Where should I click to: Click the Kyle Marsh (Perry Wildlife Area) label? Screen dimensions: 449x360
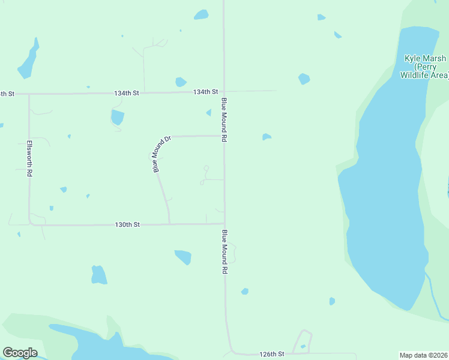pos(424,67)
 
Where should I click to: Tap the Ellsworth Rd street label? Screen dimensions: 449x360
pos(29,158)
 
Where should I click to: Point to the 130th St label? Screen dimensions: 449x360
pos(127,224)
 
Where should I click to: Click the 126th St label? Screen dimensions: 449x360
pos(271,354)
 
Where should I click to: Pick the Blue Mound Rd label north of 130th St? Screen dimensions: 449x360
pos(224,119)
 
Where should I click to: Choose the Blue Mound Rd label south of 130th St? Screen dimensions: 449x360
pos(224,252)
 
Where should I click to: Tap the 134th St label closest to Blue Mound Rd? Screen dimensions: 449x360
pos(205,92)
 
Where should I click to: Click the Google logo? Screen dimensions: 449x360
pos(20,353)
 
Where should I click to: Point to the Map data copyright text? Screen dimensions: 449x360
pos(423,355)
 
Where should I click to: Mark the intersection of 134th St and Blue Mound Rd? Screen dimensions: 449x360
pos(224,92)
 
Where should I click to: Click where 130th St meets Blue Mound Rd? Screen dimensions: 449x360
pos(224,224)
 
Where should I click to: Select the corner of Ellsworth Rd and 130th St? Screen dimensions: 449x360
pos(30,224)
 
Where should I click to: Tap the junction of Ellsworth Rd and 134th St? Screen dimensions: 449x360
pos(29,94)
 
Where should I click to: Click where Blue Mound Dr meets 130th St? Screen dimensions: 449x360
pos(169,224)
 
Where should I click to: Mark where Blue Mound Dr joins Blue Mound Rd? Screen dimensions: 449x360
pos(224,136)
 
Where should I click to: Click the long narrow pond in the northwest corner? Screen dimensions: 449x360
pos(28,60)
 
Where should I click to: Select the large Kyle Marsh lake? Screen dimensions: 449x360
pos(384,198)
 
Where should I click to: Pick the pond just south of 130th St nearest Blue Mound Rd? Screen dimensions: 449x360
pos(183,257)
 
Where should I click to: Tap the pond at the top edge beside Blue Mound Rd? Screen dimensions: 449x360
pos(201,14)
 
